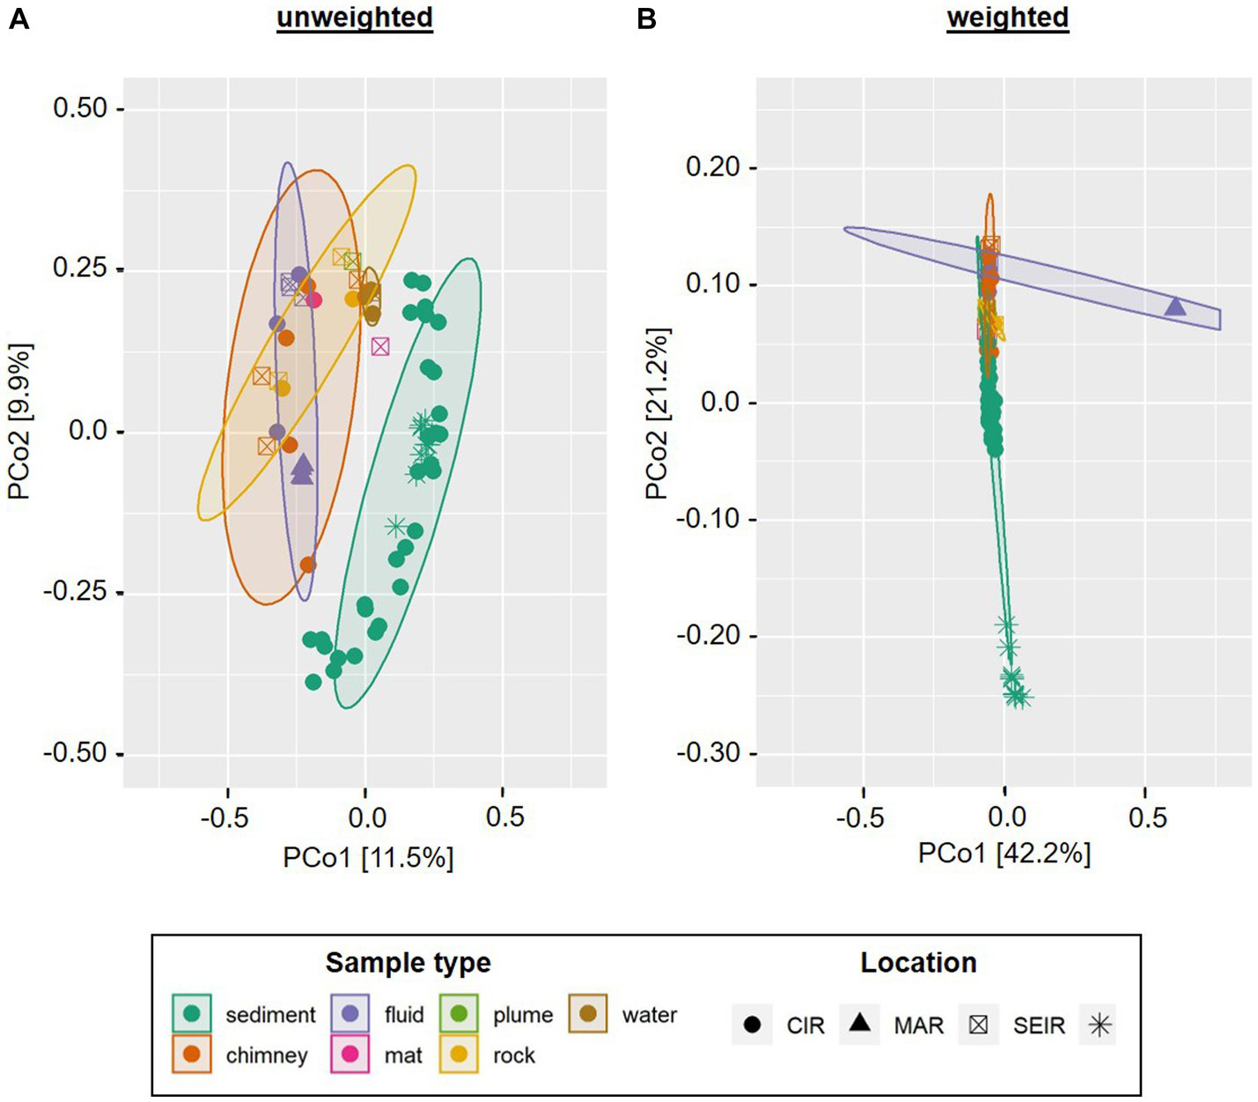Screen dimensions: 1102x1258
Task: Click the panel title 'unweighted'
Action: click(355, 18)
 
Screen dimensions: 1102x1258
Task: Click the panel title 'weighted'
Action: click(1007, 18)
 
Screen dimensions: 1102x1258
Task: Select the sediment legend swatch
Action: click(192, 1014)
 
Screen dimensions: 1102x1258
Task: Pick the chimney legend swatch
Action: click(192, 1054)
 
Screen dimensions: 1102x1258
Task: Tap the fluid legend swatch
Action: click(350, 1014)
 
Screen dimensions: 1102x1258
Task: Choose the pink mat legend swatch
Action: click(350, 1054)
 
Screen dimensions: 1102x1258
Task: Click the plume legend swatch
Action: click(459, 1014)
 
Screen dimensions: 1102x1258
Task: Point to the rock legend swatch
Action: click(459, 1054)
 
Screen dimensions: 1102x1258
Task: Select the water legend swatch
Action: click(588, 1014)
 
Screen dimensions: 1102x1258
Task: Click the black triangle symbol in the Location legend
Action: click(859, 1024)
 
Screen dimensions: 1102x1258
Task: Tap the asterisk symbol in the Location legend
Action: click(1100, 1025)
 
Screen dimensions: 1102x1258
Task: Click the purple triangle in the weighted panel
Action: click(1175, 307)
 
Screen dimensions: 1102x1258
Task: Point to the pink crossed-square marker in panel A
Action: click(379, 347)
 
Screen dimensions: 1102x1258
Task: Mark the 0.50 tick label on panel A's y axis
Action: click(80, 108)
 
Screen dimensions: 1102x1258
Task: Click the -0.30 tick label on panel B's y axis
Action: click(708, 753)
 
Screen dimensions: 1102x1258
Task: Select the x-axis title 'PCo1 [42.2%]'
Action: click(1004, 853)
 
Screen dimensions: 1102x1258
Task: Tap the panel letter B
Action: click(646, 18)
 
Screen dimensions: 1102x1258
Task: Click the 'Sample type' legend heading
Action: click(408, 963)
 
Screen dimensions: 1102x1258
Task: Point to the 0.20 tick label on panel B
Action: click(712, 166)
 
